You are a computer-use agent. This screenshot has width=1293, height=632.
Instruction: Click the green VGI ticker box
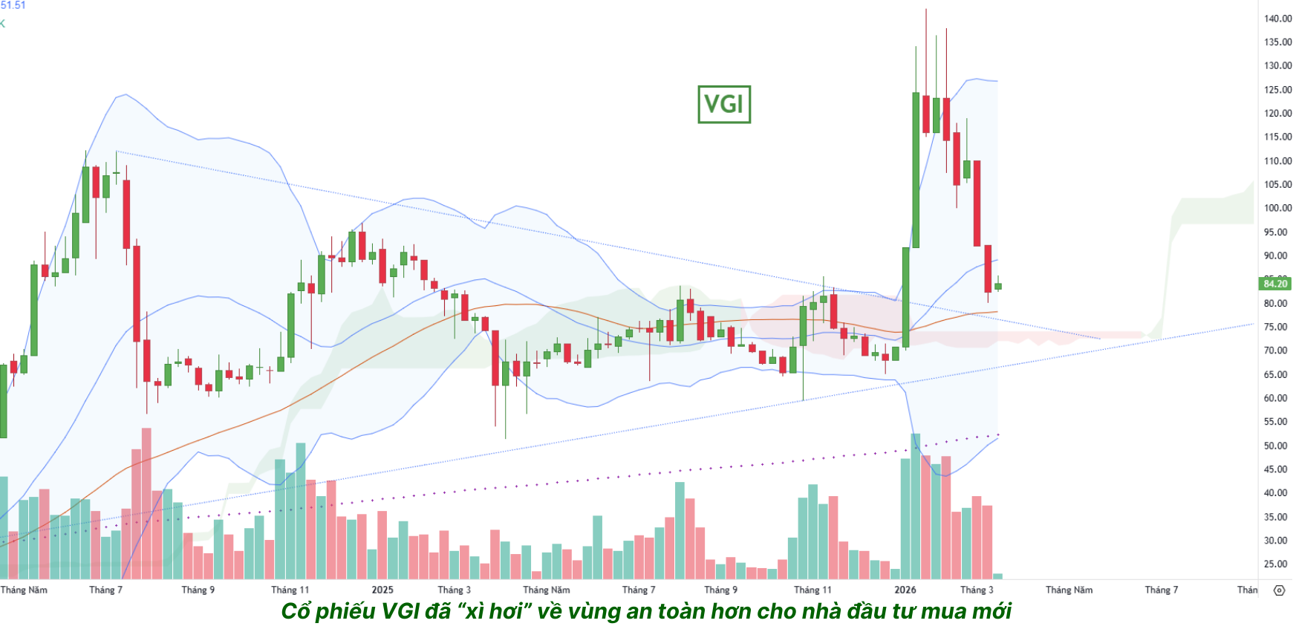pyautogui.click(x=724, y=104)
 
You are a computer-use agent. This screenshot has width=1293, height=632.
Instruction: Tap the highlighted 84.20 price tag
pyautogui.click(x=1275, y=284)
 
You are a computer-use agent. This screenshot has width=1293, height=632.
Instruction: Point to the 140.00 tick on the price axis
pyautogui.click(x=1277, y=19)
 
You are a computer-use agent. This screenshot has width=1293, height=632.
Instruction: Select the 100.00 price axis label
pyautogui.click(x=1277, y=208)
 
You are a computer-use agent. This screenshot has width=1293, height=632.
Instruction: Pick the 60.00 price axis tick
pyautogui.click(x=1277, y=398)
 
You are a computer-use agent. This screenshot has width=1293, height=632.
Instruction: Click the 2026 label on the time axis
pyautogui.click(x=905, y=590)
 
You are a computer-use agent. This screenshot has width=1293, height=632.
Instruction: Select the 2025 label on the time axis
pyautogui.click(x=382, y=590)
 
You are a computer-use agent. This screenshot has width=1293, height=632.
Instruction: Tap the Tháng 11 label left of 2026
pyautogui.click(x=812, y=590)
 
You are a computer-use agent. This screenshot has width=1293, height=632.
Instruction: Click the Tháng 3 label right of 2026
pyautogui.click(x=977, y=590)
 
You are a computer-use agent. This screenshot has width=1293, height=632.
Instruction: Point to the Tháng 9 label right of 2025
pyautogui.click(x=721, y=590)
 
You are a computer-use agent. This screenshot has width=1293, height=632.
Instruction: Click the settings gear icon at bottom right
pyautogui.click(x=1279, y=590)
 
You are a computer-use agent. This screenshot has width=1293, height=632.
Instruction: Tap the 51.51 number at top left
pyautogui.click(x=13, y=5)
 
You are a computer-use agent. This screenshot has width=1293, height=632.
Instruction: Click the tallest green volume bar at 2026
pyautogui.click(x=916, y=505)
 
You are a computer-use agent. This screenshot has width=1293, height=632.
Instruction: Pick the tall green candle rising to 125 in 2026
pyautogui.click(x=916, y=171)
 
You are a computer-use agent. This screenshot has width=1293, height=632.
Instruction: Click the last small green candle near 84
pyautogui.click(x=998, y=286)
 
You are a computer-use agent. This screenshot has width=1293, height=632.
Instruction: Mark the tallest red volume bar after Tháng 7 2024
pyautogui.click(x=146, y=504)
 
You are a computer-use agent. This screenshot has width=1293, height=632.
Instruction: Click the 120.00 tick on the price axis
pyautogui.click(x=1277, y=113)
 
